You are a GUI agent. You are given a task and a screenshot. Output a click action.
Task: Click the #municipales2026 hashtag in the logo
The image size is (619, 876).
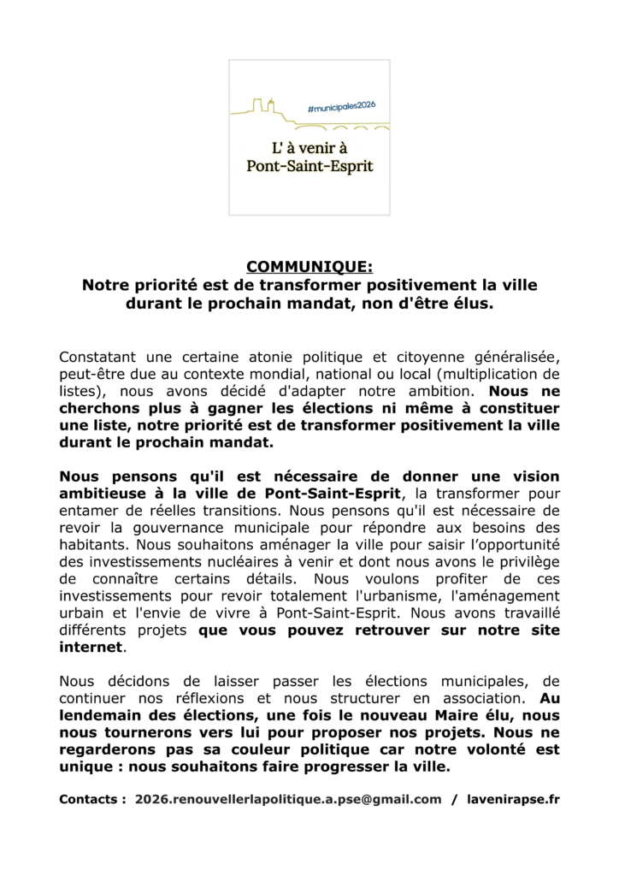tap(341, 104)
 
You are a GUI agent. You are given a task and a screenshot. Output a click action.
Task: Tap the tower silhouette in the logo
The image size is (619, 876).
tap(266, 106)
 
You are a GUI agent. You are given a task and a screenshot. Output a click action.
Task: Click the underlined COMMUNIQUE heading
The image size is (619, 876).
tap(309, 267)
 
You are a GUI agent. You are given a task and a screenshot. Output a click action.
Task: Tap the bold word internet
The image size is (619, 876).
tap(91, 647)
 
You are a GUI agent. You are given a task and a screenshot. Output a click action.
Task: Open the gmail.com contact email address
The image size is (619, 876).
tap(288, 799)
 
